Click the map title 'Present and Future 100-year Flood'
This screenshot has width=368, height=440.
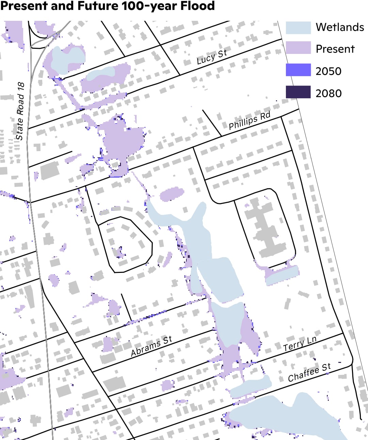pyautogui.click(x=107, y=6)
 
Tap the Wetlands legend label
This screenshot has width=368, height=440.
pyautogui.click(x=340, y=27)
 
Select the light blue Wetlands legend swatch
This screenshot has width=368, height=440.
pyautogui.click(x=298, y=28)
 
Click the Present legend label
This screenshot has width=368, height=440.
pyautogui.click(x=335, y=49)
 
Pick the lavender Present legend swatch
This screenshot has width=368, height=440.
pyautogui.click(x=298, y=48)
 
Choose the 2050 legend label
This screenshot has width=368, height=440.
pyautogui.click(x=328, y=71)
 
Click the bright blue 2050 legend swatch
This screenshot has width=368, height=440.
pyautogui.click(x=298, y=70)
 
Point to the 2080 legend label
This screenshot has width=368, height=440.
pyautogui.click(x=328, y=93)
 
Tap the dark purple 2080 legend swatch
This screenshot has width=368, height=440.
pyautogui.click(x=298, y=92)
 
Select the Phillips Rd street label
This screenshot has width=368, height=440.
pyautogui.click(x=249, y=121)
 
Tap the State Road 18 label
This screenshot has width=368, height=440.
pyautogui.click(x=20, y=111)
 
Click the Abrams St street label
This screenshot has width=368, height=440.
pyautogui.click(x=151, y=346)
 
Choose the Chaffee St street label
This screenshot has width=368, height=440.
pyautogui.click(x=309, y=372)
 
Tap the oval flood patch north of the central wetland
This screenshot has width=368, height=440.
pyautogui.click(x=172, y=194)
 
